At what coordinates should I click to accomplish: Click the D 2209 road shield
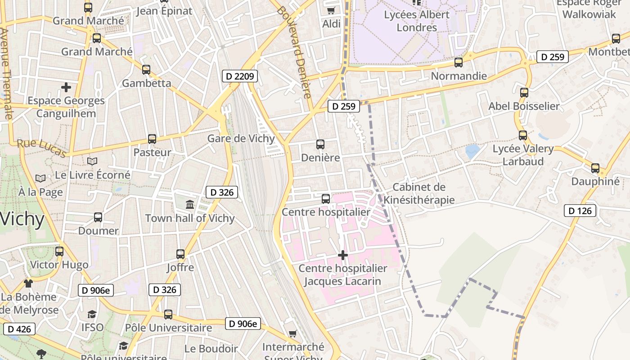click(240, 76)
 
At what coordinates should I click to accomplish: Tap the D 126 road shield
click(580, 211)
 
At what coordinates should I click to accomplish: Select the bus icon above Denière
click(320, 144)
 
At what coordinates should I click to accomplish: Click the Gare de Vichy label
click(241, 138)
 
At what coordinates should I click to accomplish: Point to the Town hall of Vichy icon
click(190, 205)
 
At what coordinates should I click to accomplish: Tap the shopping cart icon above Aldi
click(331, 10)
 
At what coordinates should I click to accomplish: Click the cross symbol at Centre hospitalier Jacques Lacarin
click(343, 255)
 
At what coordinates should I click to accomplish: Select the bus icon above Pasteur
click(152, 139)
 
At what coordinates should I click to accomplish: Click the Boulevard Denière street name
click(294, 52)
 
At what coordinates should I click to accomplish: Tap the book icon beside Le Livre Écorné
click(92, 161)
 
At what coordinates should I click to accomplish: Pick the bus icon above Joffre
click(180, 254)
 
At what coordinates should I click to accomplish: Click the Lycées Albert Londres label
click(417, 21)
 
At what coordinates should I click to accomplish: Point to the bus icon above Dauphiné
click(595, 168)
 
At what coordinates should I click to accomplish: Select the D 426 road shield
click(19, 329)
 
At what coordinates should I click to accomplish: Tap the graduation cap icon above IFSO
click(92, 314)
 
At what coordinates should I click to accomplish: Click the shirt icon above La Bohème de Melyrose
click(28, 283)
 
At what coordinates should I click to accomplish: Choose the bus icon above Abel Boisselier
click(524, 93)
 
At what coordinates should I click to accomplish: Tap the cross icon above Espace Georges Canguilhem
click(66, 87)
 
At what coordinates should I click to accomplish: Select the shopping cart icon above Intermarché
click(293, 333)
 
